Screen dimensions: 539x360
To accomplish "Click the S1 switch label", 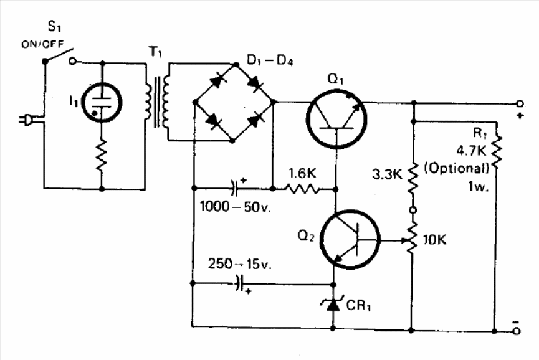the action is coord(54,26).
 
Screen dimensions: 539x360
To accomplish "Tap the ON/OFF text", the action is coord(42,44).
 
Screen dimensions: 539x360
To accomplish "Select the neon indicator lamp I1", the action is coord(102,102).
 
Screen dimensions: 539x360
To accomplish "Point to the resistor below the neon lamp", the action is coord(102,155).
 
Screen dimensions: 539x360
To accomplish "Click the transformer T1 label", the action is coord(155,52).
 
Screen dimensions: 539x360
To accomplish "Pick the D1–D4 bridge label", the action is coord(270,60).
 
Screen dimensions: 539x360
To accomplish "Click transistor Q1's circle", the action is coord(336,118).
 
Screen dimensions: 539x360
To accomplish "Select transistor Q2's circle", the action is coord(350,239).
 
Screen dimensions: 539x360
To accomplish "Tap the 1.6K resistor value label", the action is coord(302,174).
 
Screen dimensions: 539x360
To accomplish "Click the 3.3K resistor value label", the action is coord(387,174).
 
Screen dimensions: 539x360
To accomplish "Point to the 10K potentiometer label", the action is coord(435,240).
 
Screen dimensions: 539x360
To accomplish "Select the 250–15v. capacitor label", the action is coord(240,264).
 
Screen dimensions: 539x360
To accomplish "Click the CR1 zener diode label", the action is coord(358,305).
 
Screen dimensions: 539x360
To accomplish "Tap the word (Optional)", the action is coord(457,168).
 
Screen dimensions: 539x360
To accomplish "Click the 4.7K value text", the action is coord(471,151).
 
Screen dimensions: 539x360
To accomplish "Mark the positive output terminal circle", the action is coord(520,103).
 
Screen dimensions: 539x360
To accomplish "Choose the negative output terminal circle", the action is coord(517,331).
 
